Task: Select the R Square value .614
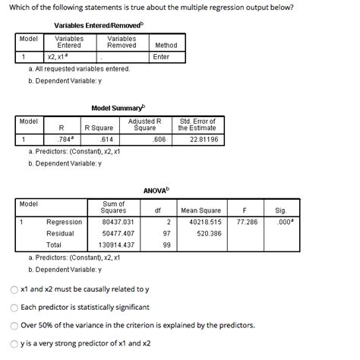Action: (106, 140)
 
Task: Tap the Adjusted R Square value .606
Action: (159, 140)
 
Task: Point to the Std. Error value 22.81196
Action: (203, 140)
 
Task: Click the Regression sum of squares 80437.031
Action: (118, 222)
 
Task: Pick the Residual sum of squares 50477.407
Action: (118, 233)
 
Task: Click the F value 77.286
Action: (247, 222)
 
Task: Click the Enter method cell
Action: (161, 56)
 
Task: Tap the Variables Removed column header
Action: (122, 41)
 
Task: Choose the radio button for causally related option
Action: (14, 289)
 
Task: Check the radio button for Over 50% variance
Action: (14, 325)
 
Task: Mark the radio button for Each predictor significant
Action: (14, 307)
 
